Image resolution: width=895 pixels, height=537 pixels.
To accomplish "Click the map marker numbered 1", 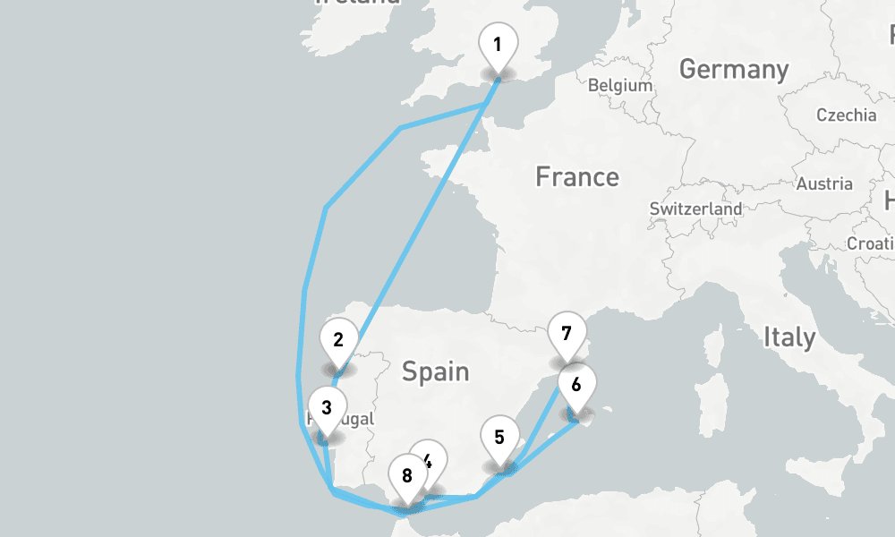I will tap(498, 44).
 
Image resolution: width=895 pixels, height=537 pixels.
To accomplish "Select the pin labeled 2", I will tap(338, 340).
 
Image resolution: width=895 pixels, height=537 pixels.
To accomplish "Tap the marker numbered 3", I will tap(327, 408).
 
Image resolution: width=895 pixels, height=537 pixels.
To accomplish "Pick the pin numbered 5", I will tap(499, 438).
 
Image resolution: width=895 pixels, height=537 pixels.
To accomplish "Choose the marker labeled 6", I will tap(575, 386).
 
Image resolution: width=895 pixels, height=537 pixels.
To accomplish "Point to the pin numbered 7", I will tap(566, 335).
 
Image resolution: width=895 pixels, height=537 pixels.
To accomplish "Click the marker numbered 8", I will tap(407, 475).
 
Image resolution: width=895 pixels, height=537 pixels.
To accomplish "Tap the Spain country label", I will tap(435, 371).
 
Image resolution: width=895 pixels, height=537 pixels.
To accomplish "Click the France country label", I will tap(576, 177).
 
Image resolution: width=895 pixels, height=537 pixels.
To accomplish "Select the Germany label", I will tap(734, 69).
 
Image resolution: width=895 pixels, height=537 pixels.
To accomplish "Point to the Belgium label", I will tap(620, 86).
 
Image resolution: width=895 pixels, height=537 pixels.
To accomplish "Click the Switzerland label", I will tap(696, 209).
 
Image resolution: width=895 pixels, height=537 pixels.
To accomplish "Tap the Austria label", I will tap(824, 183).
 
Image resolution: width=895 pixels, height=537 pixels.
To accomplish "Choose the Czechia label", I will tap(846, 115).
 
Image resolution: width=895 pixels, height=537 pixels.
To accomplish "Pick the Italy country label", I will tap(789, 337).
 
